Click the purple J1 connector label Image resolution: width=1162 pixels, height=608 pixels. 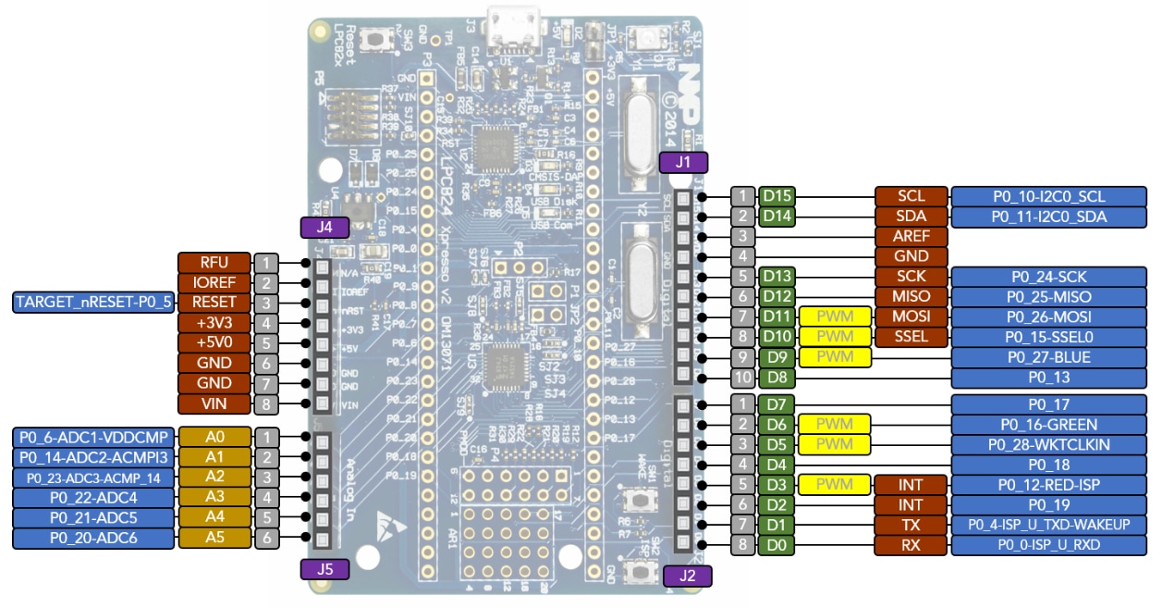(x=684, y=163)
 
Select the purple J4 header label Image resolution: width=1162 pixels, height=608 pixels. (x=324, y=226)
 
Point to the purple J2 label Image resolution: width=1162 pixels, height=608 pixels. (x=687, y=576)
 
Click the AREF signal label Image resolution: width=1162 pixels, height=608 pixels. (x=911, y=236)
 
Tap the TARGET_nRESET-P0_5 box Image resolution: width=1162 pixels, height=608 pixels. (x=93, y=303)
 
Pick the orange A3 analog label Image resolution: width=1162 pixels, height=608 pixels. (x=214, y=497)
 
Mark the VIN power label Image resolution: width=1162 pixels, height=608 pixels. (x=214, y=403)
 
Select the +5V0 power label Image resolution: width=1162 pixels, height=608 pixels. (x=214, y=342)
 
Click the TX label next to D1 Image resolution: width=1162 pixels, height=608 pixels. (x=911, y=525)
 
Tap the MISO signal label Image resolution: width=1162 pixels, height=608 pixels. (x=911, y=297)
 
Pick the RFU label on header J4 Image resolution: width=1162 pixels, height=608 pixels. (x=214, y=263)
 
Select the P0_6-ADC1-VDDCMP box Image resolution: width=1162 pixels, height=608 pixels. (x=93, y=437)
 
